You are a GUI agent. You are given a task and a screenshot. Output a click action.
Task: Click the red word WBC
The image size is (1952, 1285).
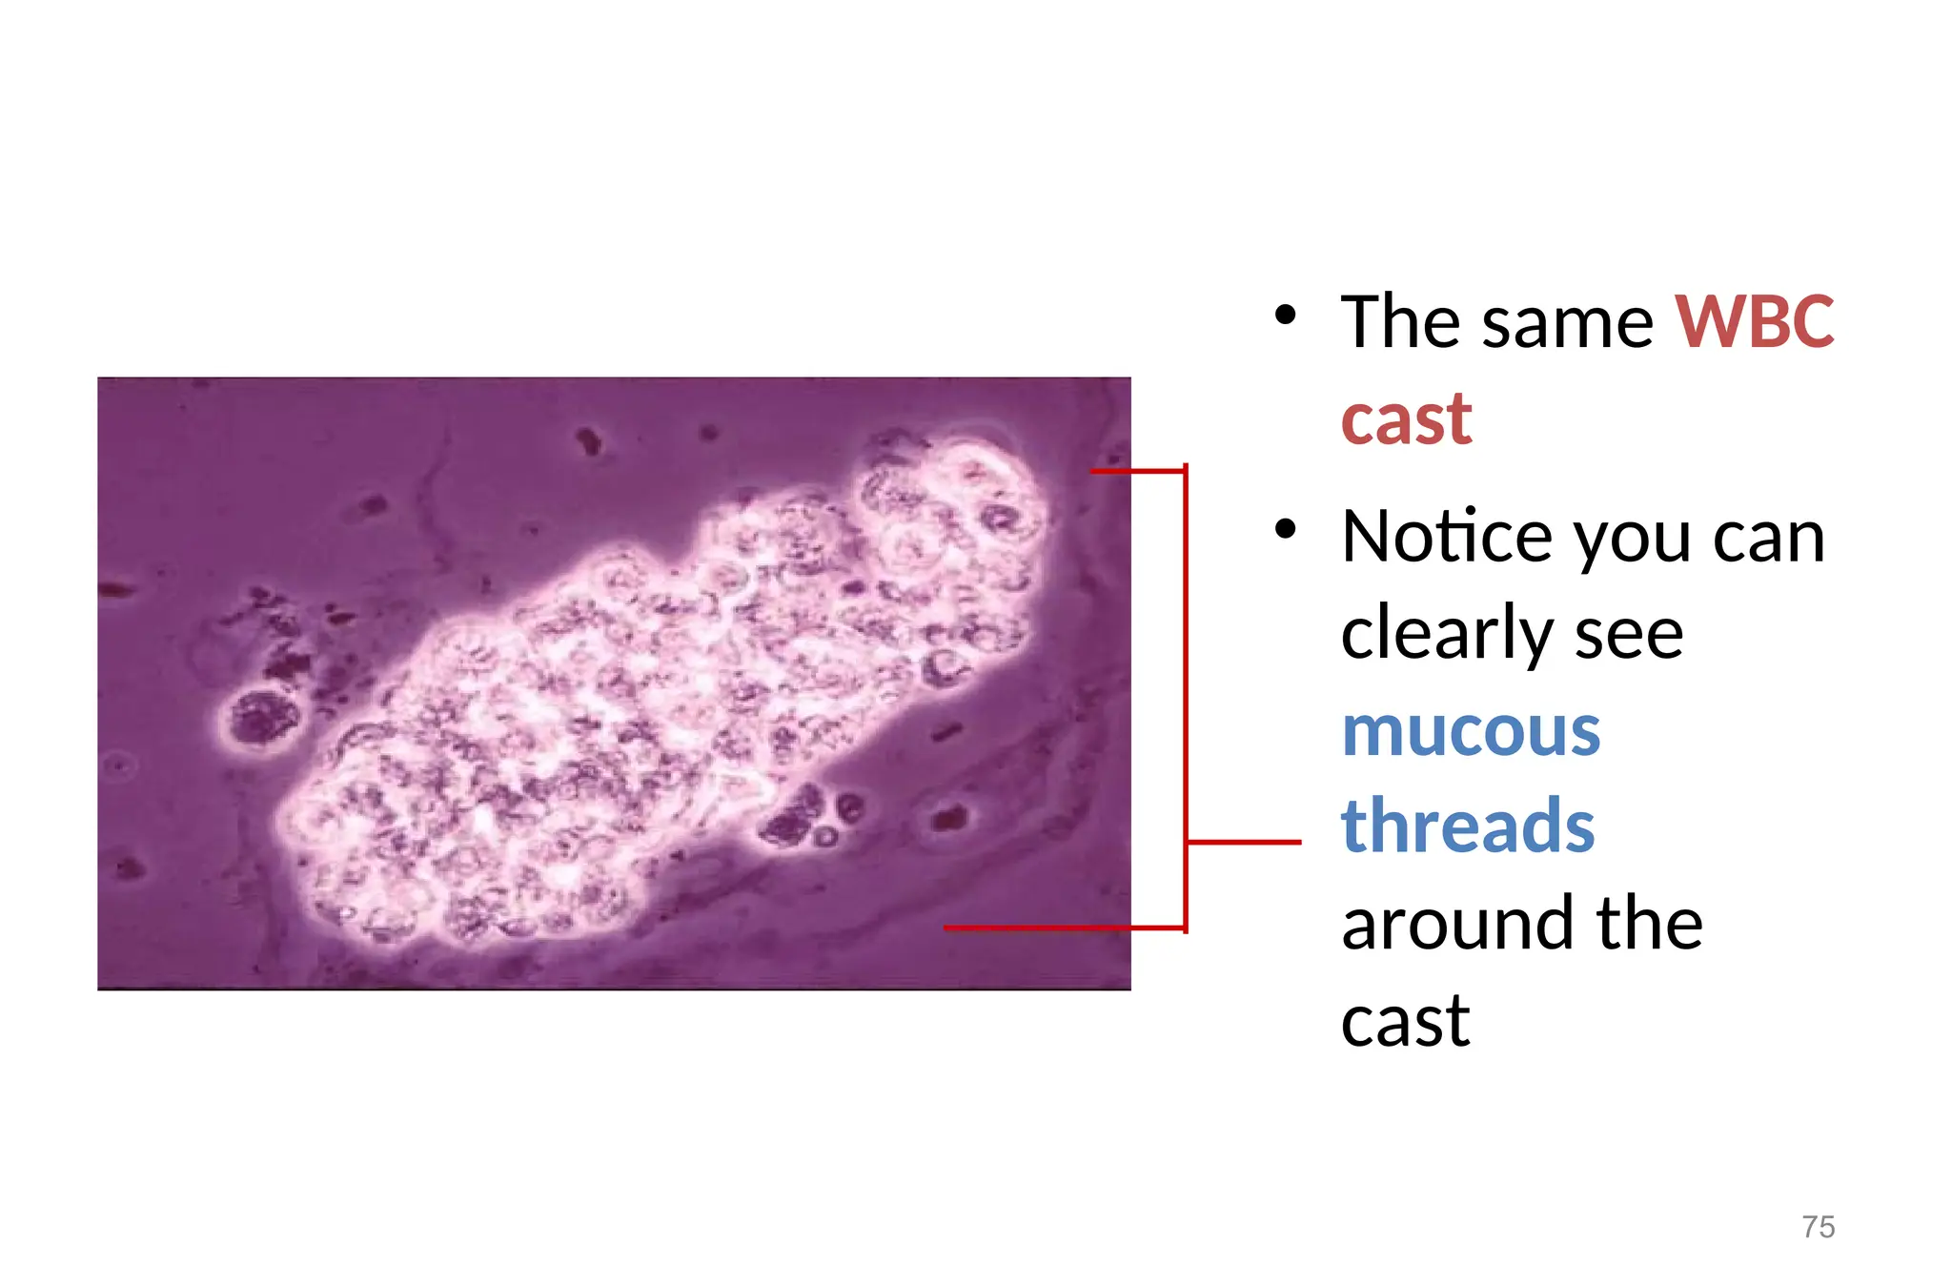pos(1754,322)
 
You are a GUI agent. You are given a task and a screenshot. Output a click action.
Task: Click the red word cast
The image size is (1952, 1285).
pos(1406,419)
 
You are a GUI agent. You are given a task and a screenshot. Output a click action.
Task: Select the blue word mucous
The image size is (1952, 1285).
pos(1471,732)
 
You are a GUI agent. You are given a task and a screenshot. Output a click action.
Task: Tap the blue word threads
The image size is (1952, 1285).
pos(1468,826)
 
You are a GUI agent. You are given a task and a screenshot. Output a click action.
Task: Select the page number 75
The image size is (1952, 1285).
pos(1818,1227)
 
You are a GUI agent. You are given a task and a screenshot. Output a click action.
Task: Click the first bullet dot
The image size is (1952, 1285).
pos(1286,315)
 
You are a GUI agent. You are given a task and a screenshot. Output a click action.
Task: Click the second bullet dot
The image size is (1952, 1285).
pos(1286,529)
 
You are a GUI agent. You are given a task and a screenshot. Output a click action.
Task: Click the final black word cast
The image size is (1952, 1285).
pos(1405,1020)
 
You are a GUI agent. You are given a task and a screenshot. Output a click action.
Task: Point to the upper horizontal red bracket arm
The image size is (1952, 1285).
pos(1137,470)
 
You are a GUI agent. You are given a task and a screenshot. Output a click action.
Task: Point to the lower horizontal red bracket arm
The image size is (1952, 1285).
pos(1063,927)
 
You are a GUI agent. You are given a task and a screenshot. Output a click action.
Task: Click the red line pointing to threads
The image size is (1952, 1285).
pos(1244,842)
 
